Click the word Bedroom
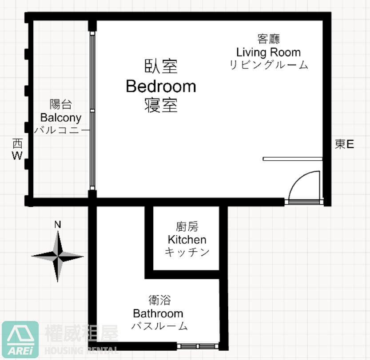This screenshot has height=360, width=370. (161, 86)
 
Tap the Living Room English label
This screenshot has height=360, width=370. (269, 52)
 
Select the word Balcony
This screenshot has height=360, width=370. (61, 118)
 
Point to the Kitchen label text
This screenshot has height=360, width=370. (187, 240)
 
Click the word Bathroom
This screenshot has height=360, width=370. (158, 313)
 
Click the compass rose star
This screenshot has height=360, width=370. (58, 256)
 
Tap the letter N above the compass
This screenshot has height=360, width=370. (58, 225)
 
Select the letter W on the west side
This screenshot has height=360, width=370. (17, 156)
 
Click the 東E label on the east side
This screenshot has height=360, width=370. (345, 144)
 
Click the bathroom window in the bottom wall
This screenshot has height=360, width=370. (198, 346)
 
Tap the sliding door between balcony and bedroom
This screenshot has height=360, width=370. (92, 111)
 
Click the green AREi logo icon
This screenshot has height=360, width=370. (20, 339)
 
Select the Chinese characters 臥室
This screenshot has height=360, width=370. (161, 66)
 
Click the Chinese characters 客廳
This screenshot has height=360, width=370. (269, 39)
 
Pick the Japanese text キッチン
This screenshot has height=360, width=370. (187, 252)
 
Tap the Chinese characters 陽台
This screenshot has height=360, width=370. (61, 104)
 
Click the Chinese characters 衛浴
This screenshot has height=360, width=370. (159, 301)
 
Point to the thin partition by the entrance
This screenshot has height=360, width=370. (293, 159)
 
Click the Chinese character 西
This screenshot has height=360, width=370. (17, 143)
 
